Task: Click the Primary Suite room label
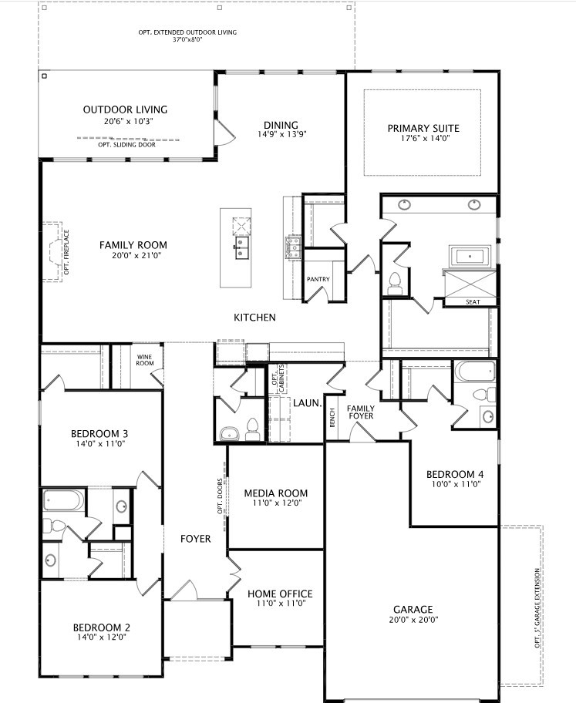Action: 423,128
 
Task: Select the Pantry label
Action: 318,279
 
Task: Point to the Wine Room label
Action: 145,359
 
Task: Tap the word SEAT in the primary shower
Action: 473,302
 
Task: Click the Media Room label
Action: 275,493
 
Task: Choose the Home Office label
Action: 280,594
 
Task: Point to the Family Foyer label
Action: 360,412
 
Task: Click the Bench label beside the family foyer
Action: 332,419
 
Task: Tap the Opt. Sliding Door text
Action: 127,144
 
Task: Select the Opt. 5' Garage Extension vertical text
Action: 537,609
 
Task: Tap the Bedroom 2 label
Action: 101,627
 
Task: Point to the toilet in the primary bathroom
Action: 394,281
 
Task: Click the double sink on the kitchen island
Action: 242,248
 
